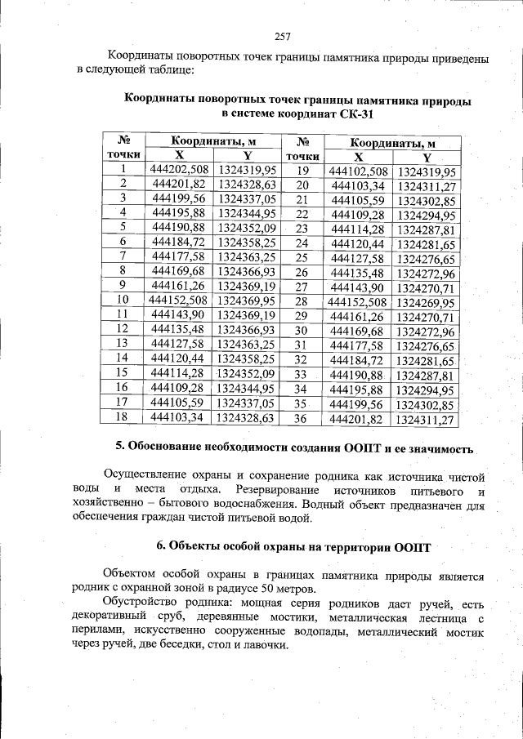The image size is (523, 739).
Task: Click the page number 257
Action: click(284, 36)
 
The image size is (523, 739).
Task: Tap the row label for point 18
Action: click(123, 416)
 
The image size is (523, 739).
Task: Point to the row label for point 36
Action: click(302, 419)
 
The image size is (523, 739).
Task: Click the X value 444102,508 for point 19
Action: click(358, 171)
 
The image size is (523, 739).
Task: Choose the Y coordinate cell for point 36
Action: click(424, 420)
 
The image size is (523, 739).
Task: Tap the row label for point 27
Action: click(302, 287)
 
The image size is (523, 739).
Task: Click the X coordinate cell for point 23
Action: click(358, 229)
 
